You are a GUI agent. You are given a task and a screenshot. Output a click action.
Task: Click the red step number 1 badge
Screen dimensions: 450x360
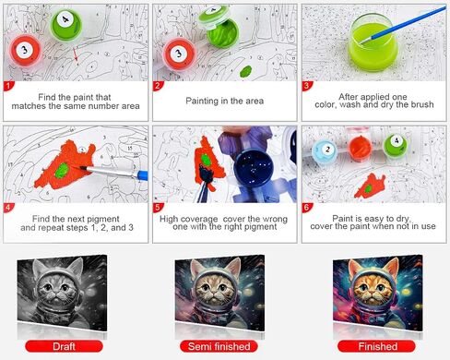(x=8, y=86)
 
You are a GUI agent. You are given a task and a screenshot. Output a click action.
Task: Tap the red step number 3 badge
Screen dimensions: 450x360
(x=306, y=86)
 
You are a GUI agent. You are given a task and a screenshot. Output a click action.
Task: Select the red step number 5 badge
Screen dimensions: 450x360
(x=158, y=207)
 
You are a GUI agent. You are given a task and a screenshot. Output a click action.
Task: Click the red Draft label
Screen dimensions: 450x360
(x=64, y=346)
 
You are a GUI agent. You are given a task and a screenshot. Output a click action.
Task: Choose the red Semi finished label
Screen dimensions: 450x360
(x=219, y=346)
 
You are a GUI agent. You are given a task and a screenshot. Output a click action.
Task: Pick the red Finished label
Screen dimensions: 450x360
(x=377, y=346)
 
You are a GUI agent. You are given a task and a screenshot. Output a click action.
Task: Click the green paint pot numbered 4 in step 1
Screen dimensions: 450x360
(x=65, y=25)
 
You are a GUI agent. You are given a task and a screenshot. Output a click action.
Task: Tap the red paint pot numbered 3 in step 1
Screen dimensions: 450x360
(x=25, y=51)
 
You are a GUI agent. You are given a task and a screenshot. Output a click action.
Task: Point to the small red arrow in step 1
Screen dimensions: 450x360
(x=76, y=54)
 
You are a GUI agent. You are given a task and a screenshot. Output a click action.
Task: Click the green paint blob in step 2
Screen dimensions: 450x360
(x=245, y=71)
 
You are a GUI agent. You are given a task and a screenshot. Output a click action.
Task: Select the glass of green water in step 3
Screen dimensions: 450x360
(x=373, y=42)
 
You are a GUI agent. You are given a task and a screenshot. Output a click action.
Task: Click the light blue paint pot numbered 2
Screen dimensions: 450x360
(x=325, y=151)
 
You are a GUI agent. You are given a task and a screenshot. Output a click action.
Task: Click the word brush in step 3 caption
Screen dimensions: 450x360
(x=422, y=104)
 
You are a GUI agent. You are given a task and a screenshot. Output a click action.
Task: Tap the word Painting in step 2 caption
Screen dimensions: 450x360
(x=202, y=101)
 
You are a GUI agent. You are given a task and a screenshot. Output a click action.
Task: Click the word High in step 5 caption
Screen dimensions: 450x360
(x=169, y=219)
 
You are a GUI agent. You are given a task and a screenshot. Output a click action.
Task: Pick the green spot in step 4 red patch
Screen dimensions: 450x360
(x=63, y=171)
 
